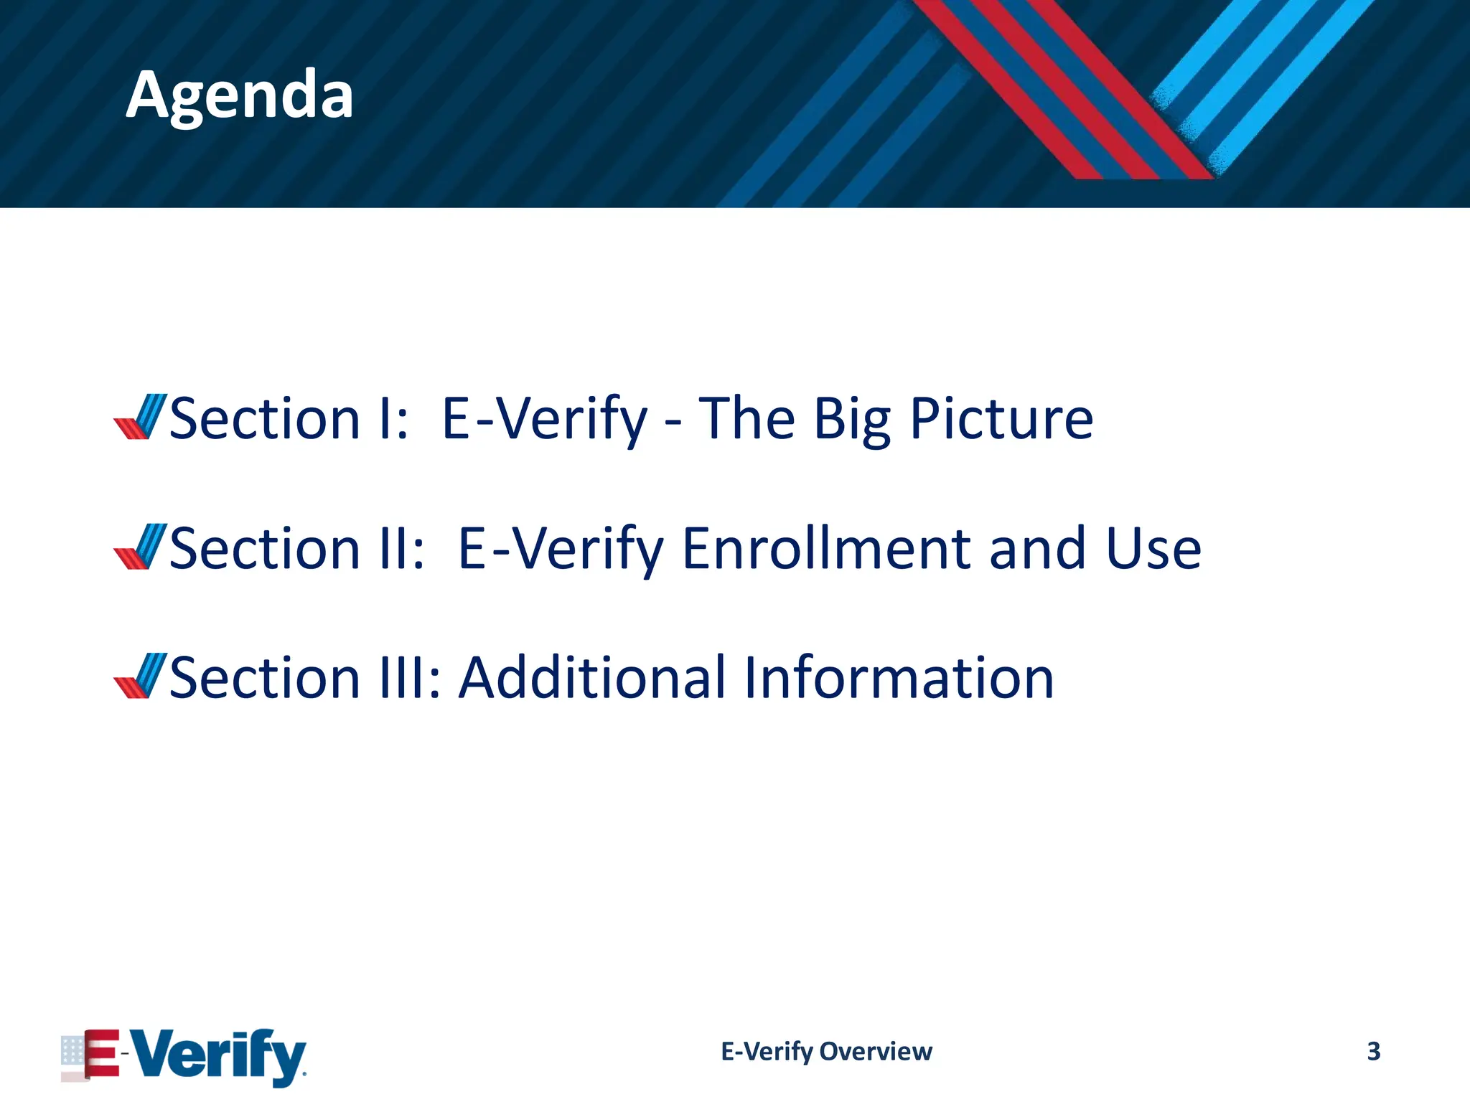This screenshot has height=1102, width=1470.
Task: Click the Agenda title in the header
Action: (240, 95)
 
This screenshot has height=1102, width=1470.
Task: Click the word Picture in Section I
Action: (1001, 419)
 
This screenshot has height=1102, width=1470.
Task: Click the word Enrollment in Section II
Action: (825, 549)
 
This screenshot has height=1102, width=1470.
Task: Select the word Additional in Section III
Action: (592, 678)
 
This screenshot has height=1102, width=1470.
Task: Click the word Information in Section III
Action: (899, 678)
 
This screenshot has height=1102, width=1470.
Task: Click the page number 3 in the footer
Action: (1373, 1051)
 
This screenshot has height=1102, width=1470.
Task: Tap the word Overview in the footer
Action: (876, 1052)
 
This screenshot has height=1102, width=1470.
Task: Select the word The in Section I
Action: (746, 419)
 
